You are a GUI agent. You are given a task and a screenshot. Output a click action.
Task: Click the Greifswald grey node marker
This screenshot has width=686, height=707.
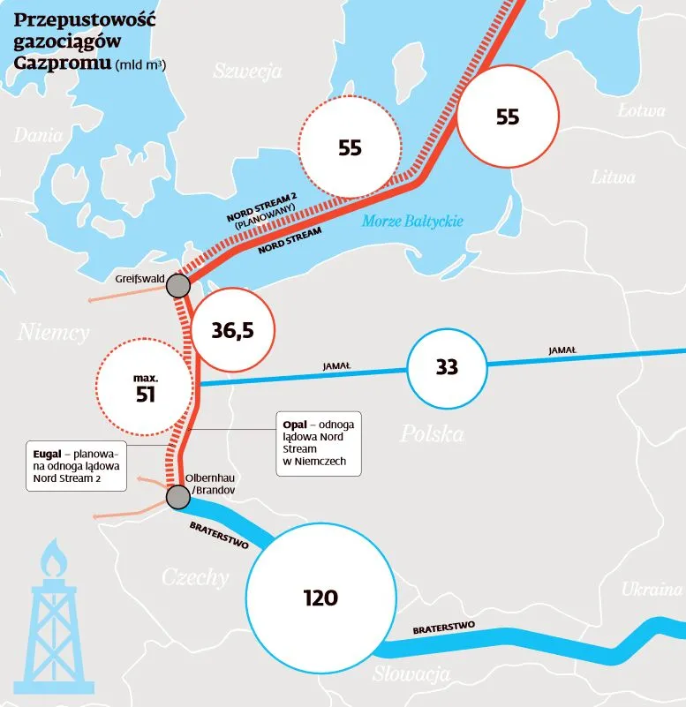(178, 286)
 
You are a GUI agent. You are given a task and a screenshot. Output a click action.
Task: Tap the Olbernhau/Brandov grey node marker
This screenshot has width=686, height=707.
(178, 498)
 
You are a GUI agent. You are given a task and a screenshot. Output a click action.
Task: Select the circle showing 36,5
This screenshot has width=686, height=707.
(233, 330)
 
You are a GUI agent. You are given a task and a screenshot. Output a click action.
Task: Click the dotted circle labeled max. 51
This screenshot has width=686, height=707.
(145, 387)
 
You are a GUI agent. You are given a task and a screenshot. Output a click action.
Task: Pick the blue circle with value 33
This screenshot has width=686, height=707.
(447, 366)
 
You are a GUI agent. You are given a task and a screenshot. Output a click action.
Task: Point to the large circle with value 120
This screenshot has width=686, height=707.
(320, 598)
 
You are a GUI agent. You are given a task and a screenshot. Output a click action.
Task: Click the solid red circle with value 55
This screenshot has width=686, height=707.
(508, 116)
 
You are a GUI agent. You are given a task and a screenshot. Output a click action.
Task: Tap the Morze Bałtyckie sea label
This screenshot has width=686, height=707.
(412, 222)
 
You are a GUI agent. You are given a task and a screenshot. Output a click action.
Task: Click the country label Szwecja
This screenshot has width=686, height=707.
(247, 71)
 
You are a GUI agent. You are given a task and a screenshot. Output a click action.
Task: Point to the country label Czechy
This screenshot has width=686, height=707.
(195, 578)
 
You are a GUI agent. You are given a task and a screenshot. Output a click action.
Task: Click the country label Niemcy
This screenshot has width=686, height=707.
(53, 333)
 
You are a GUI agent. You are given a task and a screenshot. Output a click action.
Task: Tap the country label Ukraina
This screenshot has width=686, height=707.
(652, 590)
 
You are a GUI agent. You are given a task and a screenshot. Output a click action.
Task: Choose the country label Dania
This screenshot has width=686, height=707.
(38, 136)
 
